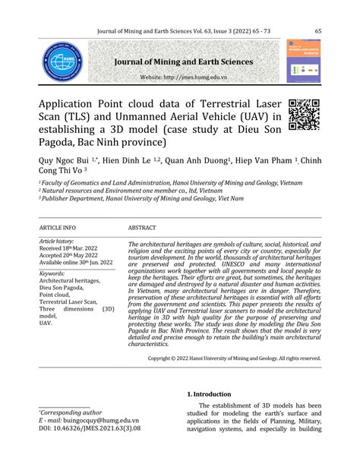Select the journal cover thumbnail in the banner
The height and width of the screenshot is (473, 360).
[x=303, y=61]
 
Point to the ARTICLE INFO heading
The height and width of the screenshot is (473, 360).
[x=57, y=227]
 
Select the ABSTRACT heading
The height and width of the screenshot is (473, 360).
[x=142, y=227]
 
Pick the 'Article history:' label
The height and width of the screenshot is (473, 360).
[x=58, y=240]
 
